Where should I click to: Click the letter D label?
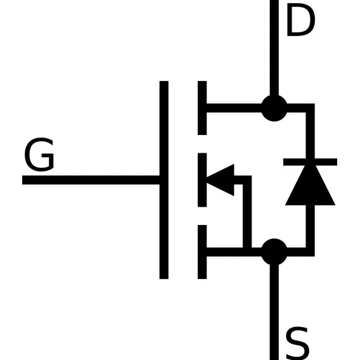(301, 20)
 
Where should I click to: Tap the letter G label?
(39, 154)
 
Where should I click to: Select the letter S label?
(297, 344)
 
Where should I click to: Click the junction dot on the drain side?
(274, 108)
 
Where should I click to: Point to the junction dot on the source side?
(274, 252)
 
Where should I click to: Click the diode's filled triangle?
(310, 185)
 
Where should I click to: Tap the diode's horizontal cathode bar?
(310, 162)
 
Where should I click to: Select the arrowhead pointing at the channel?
(221, 180)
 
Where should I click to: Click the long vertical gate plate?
(164, 180)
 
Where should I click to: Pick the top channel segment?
(202, 108)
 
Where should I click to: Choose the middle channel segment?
(202, 180)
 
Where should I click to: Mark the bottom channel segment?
(202, 252)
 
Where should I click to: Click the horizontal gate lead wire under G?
(91, 180)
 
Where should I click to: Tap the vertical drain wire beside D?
(274, 48)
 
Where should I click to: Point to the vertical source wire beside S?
(274, 312)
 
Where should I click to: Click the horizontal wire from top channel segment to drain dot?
(234, 108)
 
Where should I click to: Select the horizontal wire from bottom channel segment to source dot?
(234, 252)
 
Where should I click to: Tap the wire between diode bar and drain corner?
(310, 133)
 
